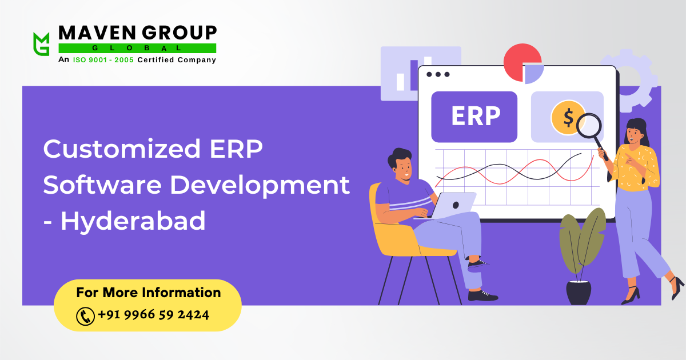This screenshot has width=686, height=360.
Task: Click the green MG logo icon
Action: click(41, 43)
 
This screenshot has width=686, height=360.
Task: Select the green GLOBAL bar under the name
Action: click(137, 48)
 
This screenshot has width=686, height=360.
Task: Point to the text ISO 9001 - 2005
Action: click(103, 60)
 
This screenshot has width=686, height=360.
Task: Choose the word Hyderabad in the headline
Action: click(133, 221)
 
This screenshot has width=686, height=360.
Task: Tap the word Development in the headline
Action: click(258, 186)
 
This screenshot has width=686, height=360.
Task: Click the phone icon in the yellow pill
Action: click(85, 315)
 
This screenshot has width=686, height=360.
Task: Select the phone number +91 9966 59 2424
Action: click(153, 315)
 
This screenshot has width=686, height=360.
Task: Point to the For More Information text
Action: click(149, 293)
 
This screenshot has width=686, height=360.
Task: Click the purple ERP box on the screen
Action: click(474, 117)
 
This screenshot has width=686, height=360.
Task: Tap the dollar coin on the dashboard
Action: click(567, 117)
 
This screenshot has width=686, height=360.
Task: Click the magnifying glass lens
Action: click(588, 126)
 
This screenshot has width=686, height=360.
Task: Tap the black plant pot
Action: click(579, 292)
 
